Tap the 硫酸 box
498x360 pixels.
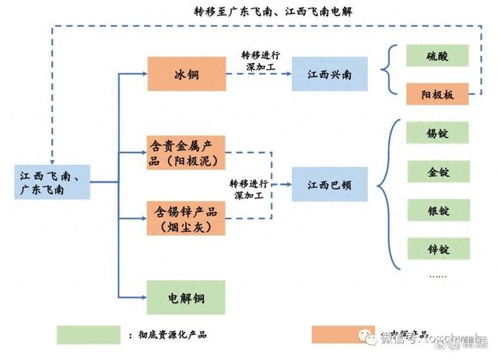tap(437, 55)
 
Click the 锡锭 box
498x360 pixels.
tap(438, 133)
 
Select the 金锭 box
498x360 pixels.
tap(438, 172)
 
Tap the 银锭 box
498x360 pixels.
tap(438, 211)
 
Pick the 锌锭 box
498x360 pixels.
tap(438, 250)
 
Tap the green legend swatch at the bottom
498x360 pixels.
tap(88, 334)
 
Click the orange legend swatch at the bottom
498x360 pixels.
tap(342, 334)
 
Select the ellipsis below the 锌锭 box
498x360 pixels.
tap(438, 276)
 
